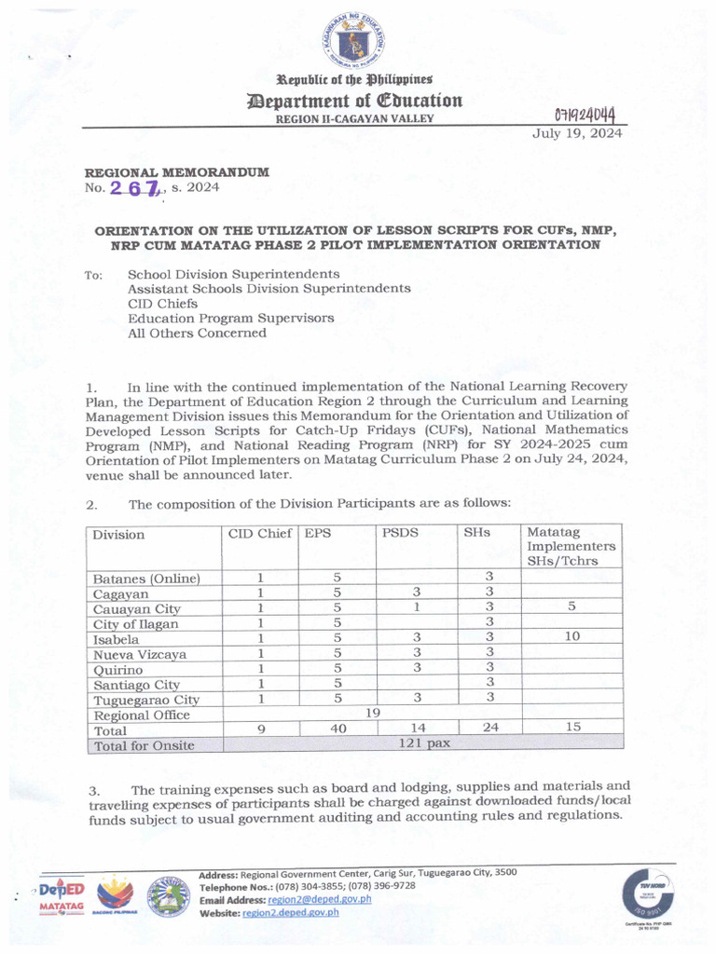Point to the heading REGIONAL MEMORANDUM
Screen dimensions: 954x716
click(177, 172)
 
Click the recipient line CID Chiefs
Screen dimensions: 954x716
click(162, 304)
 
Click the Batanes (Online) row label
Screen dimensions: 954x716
click(145, 579)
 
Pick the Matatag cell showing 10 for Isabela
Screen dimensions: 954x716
click(571, 637)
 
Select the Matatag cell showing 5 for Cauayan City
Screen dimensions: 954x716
click(571, 606)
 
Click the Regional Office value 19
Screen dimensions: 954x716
click(372, 714)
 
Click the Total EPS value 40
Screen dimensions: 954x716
click(338, 729)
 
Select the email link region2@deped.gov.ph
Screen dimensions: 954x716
click(319, 900)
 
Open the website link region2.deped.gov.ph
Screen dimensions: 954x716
click(290, 913)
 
